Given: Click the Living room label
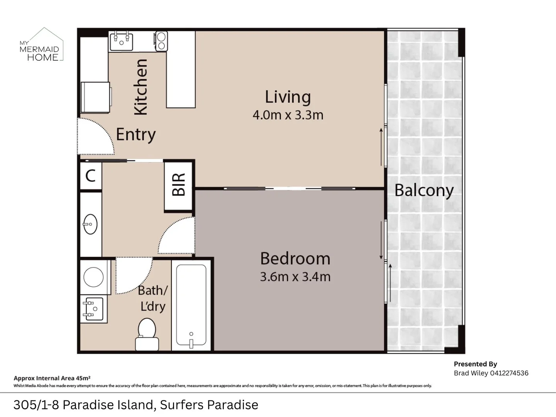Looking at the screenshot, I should click(x=288, y=97).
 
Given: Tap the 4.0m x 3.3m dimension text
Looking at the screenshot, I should click(x=288, y=115).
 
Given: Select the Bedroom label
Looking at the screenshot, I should click(x=295, y=258).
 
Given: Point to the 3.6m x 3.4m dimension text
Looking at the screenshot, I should click(x=295, y=277).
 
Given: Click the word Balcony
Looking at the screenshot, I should click(x=424, y=190).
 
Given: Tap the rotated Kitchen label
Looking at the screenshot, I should click(x=141, y=87).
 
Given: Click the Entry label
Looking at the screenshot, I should click(x=136, y=134).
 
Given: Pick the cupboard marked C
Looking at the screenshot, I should click(x=90, y=176).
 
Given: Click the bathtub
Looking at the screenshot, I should click(x=191, y=305).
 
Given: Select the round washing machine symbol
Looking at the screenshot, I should click(x=93, y=277).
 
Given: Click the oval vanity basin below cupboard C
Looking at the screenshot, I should click(x=91, y=224).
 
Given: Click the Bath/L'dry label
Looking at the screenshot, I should click(x=153, y=298).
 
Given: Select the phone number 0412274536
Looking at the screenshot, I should click(x=509, y=373).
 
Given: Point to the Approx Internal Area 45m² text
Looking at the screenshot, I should click(x=52, y=378).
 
